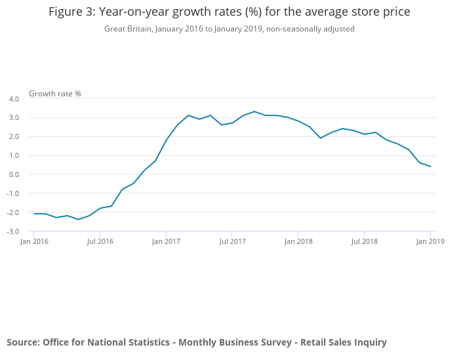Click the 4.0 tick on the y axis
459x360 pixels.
pos(14,99)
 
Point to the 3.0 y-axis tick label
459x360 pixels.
pos(14,118)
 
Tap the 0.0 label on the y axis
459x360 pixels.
pos(14,174)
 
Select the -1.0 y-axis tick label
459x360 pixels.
pos(12,193)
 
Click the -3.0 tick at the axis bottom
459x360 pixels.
pos(12,231)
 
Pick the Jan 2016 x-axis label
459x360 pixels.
pos(34,241)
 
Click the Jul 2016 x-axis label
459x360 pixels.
pos(100,241)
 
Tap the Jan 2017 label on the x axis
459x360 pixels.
pos(166,241)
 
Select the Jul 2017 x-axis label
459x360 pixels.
pos(232,241)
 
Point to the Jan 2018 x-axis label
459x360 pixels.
pos(298,241)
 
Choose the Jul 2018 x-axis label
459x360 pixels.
pos(364,241)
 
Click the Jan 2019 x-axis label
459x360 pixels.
pos(430,241)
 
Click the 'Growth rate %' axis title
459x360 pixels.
pos(55,94)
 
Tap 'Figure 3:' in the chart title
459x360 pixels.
pos(72,12)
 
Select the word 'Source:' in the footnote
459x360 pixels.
pos(23,342)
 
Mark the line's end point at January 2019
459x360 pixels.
pos(430,167)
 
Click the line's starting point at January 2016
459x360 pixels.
pos(34,214)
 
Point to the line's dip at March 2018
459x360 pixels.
pos(321,138)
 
